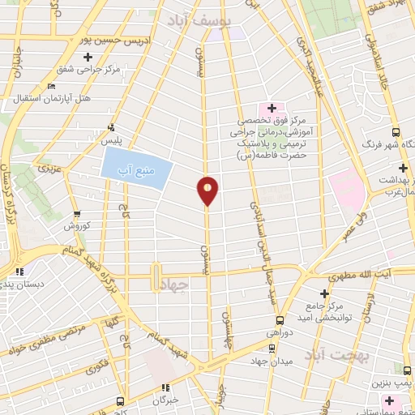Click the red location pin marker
pos(207,190)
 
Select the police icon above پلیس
pos(112,126)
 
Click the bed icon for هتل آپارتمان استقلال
pos(52,87)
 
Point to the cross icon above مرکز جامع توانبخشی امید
pos(325,293)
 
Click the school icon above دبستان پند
pos(21,272)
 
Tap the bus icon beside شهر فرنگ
pos(396,132)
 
